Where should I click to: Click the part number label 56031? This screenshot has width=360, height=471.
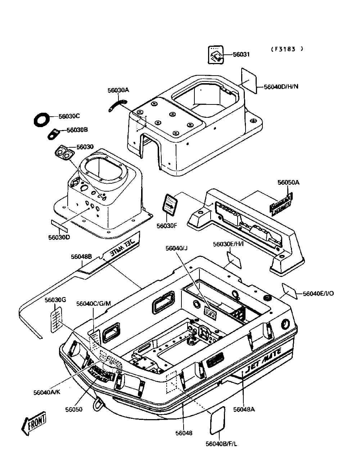[x=241, y=55]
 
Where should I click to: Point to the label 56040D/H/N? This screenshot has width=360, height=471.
[x=281, y=87]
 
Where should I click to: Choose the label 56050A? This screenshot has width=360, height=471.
[x=288, y=183]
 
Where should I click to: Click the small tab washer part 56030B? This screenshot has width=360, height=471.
[x=54, y=134]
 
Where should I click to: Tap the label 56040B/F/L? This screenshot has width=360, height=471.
[x=221, y=444]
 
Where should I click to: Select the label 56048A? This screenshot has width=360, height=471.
[x=244, y=409]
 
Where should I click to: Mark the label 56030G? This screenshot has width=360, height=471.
[x=55, y=300]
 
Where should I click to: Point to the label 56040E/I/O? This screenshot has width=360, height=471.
[x=318, y=293]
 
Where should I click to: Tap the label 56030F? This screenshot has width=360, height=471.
[x=167, y=226]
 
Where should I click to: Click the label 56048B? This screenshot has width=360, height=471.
[x=81, y=257]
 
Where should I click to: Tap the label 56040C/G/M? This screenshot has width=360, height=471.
[x=94, y=304]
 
